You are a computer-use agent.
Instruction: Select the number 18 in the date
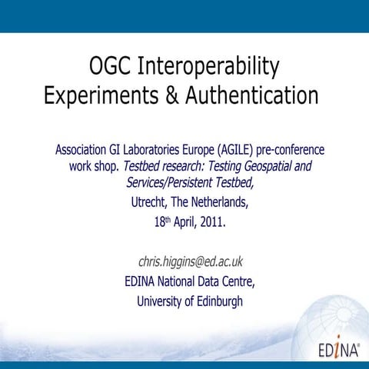pos(159,223)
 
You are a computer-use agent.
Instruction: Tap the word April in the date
pos(184,223)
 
